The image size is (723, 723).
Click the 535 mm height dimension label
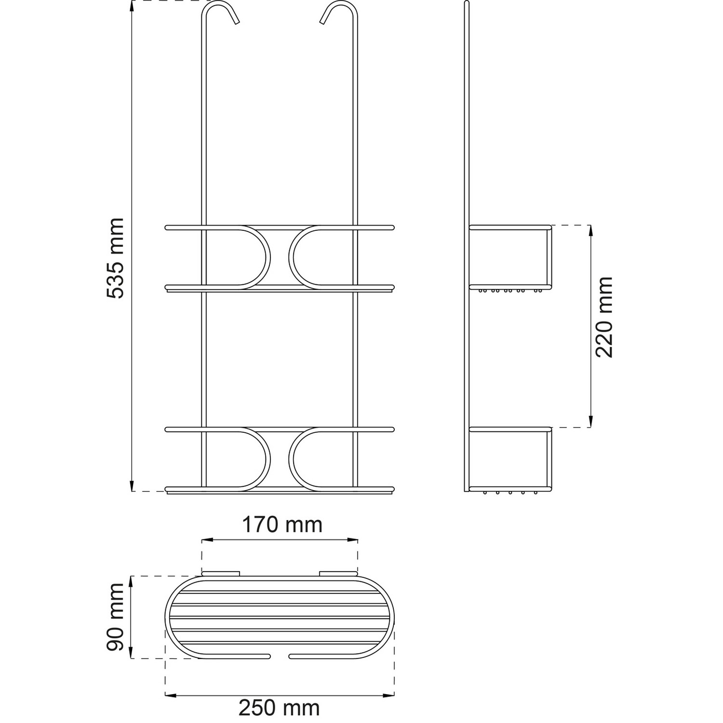click(116, 258)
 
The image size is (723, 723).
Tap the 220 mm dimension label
click(604, 317)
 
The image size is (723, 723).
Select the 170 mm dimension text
click(282, 524)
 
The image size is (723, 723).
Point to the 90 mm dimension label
click(116, 617)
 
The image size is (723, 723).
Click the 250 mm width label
click(279, 708)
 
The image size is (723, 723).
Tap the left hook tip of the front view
click(237, 22)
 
